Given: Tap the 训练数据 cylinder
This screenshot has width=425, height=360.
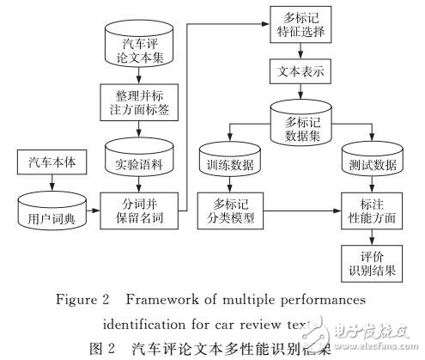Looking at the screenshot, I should pyautogui.click(x=228, y=163).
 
